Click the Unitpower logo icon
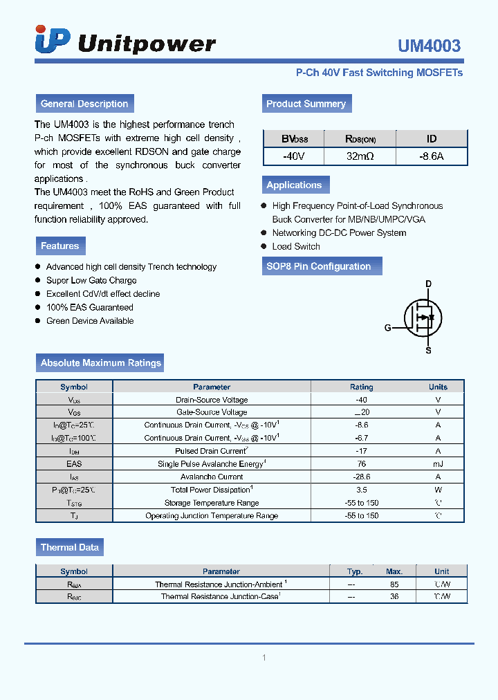click(53, 41)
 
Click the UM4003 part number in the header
click(428, 46)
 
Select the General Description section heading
click(84, 104)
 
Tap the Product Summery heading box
click(306, 104)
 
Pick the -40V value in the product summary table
click(293, 156)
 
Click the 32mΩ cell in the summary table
click(360, 156)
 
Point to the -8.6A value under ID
click(431, 156)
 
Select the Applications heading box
click(294, 185)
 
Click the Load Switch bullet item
click(295, 246)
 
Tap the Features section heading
click(60, 246)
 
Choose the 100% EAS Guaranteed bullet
click(89, 307)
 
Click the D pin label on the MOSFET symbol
click(428, 284)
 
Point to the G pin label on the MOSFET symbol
click(388, 327)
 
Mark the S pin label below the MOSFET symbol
click(428, 351)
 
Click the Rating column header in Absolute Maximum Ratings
click(361, 387)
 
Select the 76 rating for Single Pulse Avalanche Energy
click(361, 464)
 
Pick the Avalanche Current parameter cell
click(212, 477)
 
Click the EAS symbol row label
click(74, 464)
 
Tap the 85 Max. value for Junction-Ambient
click(394, 584)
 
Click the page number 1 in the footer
click(264, 657)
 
